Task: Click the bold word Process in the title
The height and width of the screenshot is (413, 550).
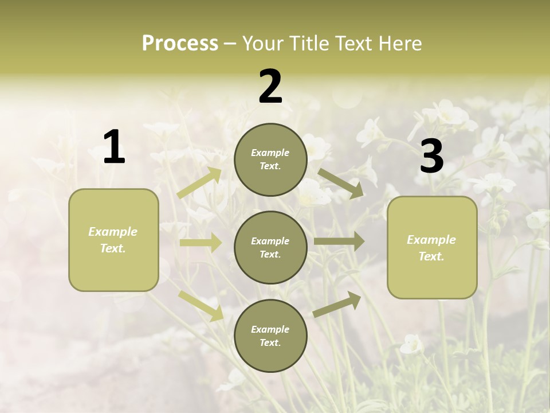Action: [x=180, y=44]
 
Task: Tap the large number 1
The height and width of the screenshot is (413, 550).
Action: [x=114, y=147]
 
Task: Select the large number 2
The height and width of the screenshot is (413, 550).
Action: [x=270, y=87]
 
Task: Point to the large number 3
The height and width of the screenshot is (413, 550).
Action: [x=431, y=157]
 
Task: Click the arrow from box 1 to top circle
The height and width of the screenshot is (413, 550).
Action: [x=199, y=183]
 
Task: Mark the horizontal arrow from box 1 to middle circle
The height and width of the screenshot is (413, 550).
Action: [x=201, y=243]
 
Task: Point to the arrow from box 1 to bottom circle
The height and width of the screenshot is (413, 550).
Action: [x=201, y=305]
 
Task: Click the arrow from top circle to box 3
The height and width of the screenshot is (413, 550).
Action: [x=340, y=183]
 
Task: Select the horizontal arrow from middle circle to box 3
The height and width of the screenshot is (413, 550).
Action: [x=339, y=241]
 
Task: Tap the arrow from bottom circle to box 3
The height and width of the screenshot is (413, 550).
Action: [x=337, y=304]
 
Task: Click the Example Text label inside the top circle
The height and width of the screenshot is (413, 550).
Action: [x=270, y=159]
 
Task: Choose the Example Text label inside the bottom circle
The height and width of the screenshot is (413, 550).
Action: [x=270, y=336]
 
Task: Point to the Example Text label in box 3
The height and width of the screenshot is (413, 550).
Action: [x=431, y=248]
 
